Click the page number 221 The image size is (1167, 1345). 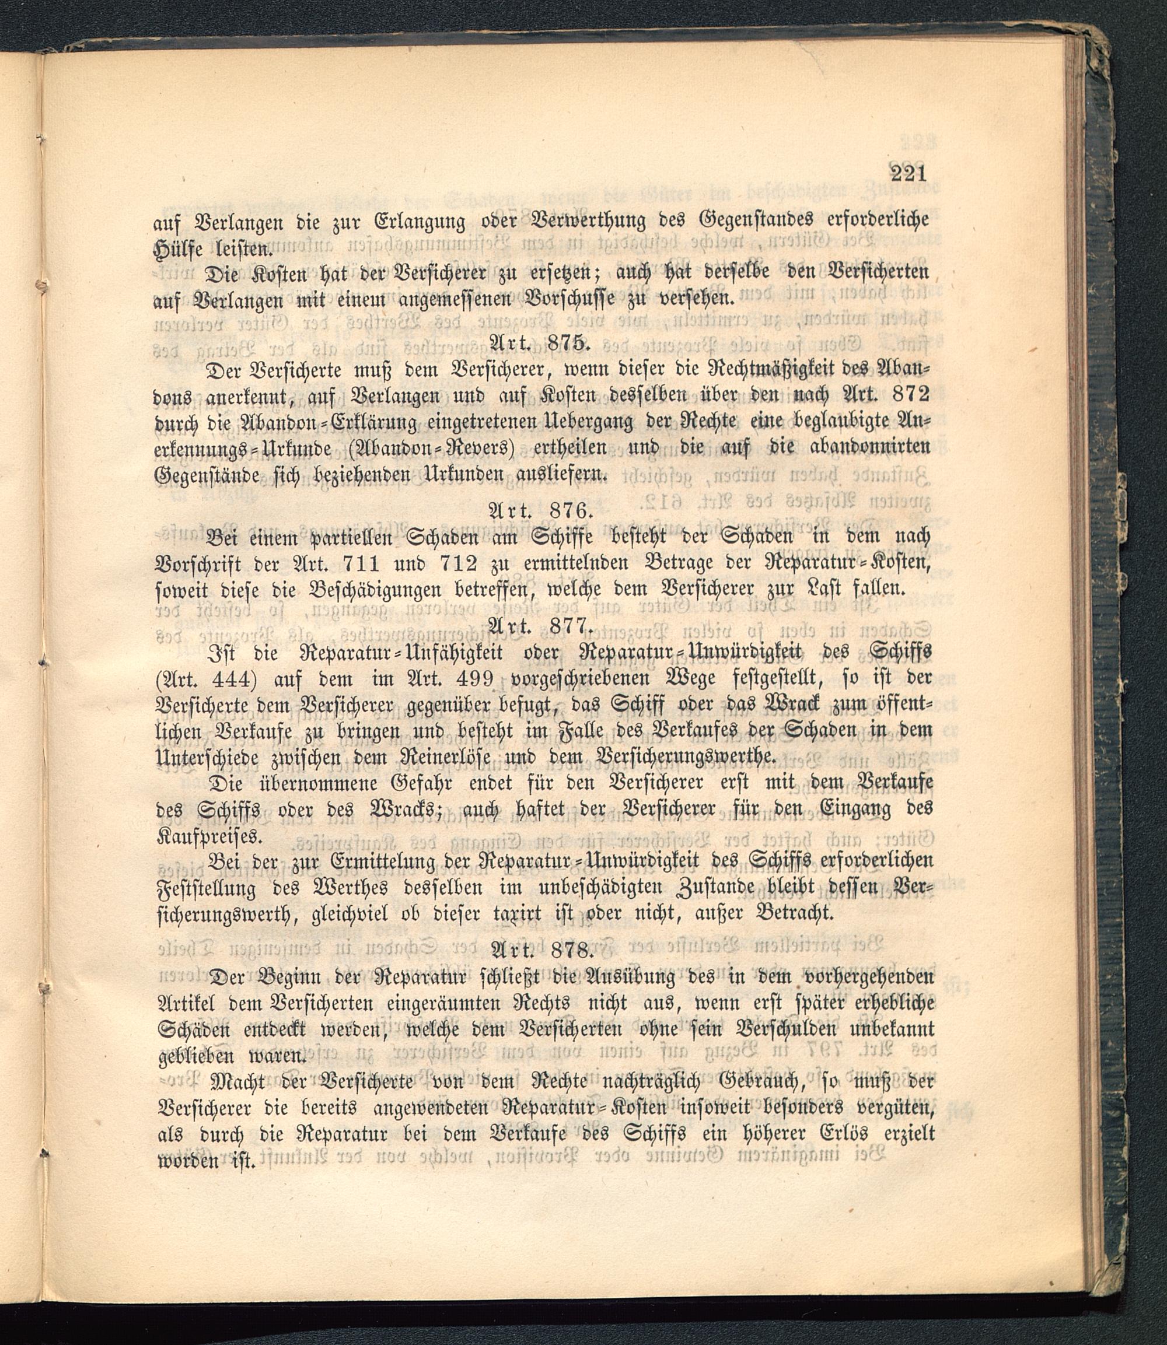tap(905, 174)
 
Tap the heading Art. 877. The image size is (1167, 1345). tap(540, 626)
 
